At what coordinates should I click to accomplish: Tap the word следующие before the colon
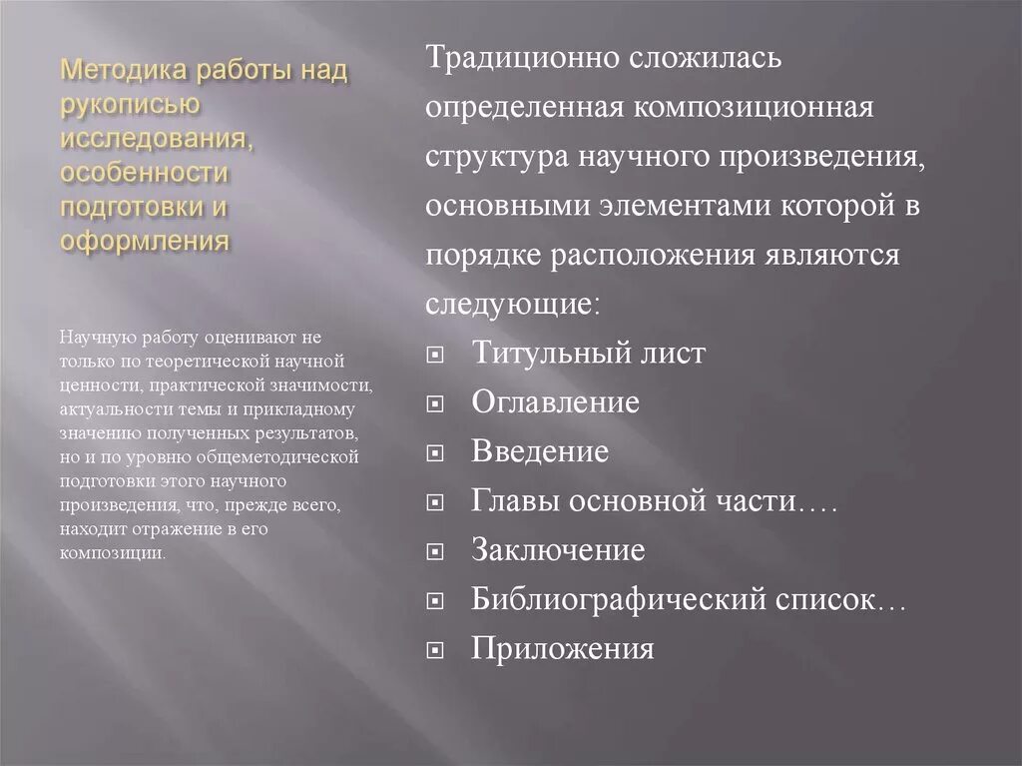pyautogui.click(x=510, y=303)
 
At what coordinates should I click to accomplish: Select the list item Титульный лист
pyautogui.click(x=588, y=353)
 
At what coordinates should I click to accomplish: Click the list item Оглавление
pyautogui.click(x=555, y=402)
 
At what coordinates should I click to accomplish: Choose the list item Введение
pyautogui.click(x=540, y=451)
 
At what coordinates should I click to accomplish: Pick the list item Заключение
pyautogui.click(x=558, y=550)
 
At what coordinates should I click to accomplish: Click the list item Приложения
pyautogui.click(x=563, y=649)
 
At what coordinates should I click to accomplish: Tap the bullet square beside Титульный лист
pyautogui.click(x=434, y=356)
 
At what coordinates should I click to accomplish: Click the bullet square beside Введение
pyautogui.click(x=434, y=454)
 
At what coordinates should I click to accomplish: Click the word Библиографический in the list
pyautogui.click(x=619, y=600)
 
